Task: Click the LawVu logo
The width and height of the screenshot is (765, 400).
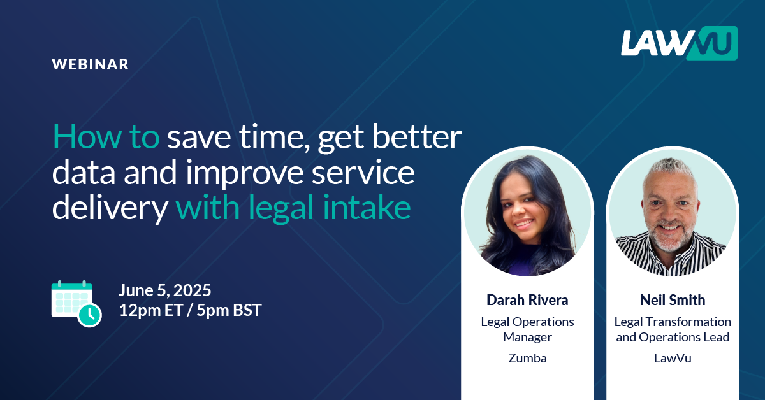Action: [x=679, y=43]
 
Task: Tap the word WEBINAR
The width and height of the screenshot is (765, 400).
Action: [x=90, y=64]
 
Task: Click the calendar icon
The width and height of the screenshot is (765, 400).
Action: [x=76, y=304]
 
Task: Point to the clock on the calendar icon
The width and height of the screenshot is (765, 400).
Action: [x=89, y=315]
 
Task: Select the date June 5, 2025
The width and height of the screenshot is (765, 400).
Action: [x=165, y=290]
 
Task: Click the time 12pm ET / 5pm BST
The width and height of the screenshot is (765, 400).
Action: [x=190, y=310]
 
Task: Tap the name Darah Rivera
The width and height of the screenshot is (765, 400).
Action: [x=527, y=300]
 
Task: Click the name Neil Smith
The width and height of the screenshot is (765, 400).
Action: [x=673, y=300]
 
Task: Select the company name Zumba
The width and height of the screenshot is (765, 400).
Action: [x=527, y=358]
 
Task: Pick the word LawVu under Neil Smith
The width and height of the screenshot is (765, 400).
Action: [x=673, y=358]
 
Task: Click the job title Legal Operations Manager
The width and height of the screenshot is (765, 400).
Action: [x=527, y=329]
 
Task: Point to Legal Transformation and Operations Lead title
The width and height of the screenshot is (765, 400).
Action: [x=673, y=329]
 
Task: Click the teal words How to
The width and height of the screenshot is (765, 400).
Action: [x=106, y=136]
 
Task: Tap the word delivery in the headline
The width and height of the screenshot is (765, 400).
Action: [x=110, y=208]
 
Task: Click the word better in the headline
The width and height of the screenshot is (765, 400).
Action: [x=417, y=136]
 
